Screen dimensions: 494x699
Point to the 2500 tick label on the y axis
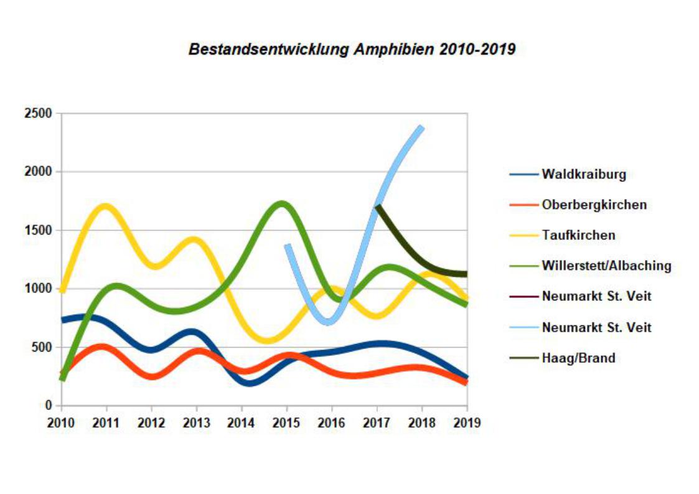pos(38,114)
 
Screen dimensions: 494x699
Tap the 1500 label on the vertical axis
pos(38,230)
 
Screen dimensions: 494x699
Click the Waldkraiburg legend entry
pos(583,174)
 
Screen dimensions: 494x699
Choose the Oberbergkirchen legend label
pos(594,205)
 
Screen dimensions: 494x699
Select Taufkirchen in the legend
pos(578,235)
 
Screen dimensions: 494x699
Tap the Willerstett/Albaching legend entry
pos(606,266)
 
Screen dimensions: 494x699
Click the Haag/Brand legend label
pos(578,358)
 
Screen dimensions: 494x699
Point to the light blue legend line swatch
pos(523,327)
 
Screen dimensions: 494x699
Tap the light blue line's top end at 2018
pos(421,129)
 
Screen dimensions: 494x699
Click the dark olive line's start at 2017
pos(378,206)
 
